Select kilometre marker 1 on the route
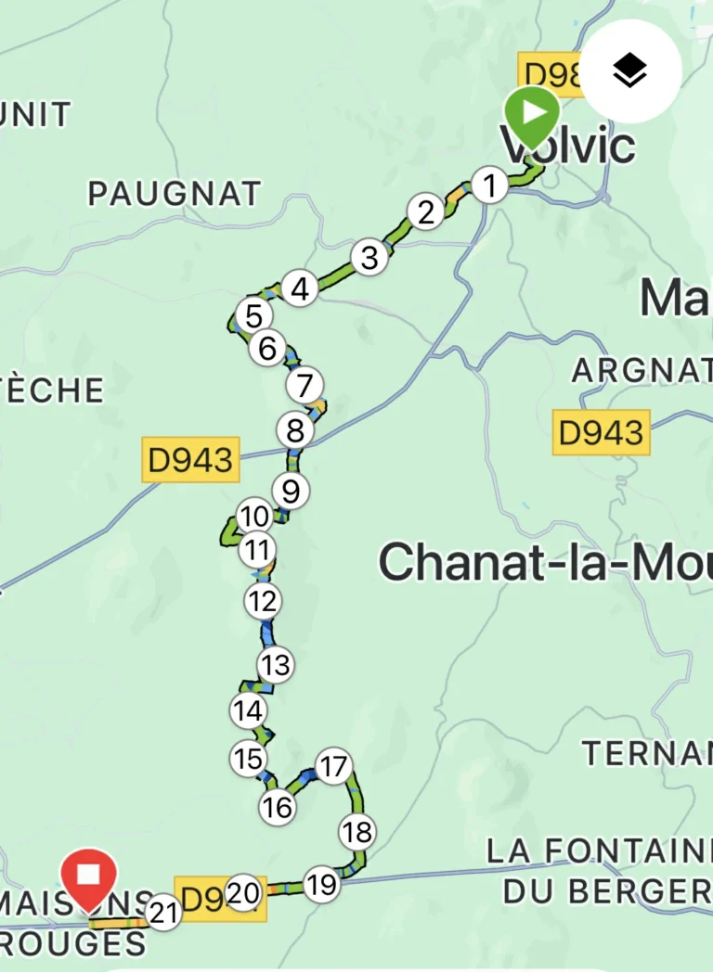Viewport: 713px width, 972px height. (489, 185)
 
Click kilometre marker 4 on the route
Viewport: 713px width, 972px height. (299, 289)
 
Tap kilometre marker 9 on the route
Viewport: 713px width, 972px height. (290, 490)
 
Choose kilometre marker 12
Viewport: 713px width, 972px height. (263, 602)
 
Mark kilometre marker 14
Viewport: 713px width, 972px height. (248, 711)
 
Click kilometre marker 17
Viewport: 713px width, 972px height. (331, 767)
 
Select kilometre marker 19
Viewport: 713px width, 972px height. (320, 885)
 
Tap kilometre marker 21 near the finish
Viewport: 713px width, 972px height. (163, 914)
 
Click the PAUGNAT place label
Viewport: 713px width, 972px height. (175, 193)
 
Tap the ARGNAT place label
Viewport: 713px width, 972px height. (642, 371)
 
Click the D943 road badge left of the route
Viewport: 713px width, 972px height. (191, 459)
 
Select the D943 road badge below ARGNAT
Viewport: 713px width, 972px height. (602, 431)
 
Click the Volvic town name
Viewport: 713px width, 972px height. (568, 147)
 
